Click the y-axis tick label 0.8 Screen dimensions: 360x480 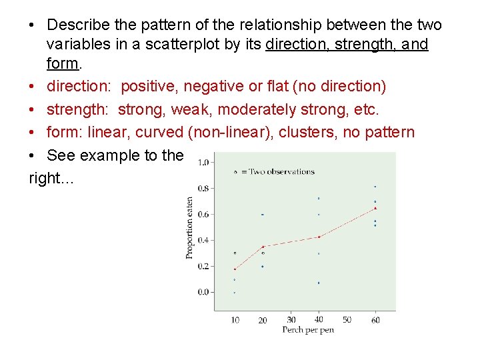(203, 188)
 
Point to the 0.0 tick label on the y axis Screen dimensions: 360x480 (203, 292)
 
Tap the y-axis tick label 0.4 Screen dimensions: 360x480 (203, 240)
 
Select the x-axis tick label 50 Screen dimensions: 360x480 (347, 320)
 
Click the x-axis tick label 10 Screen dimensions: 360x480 (235, 321)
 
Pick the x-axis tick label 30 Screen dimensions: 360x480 (291, 320)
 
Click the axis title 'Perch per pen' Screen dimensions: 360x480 (307, 330)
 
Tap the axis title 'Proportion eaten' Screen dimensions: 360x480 (190, 227)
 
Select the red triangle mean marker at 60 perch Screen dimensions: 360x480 (375, 208)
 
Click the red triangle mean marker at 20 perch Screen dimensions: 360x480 (263, 247)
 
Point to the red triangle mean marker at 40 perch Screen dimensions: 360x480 (319, 237)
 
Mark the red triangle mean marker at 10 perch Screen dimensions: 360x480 (235, 269)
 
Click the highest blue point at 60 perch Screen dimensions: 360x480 (375, 187)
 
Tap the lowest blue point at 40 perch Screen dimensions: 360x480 (319, 283)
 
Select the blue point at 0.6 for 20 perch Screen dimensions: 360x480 (263, 214)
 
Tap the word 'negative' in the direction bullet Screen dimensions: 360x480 (212, 86)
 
